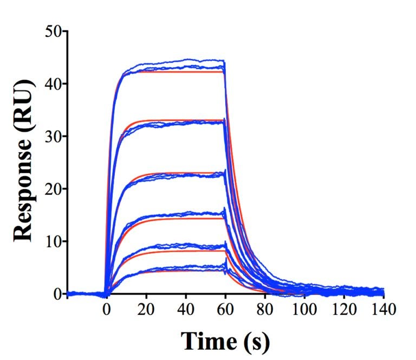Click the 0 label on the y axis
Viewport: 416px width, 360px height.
57,294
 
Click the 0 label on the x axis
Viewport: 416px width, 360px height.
107,310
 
